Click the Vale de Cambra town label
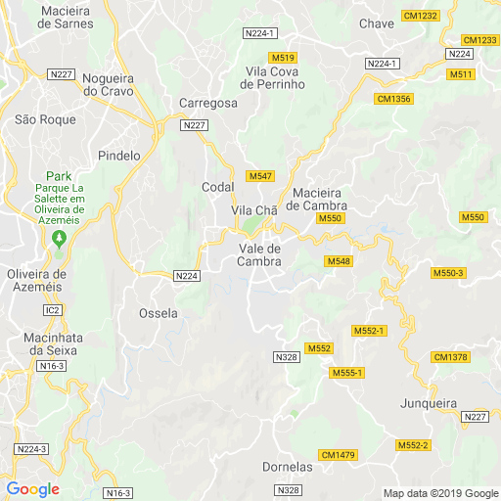click(x=259, y=254)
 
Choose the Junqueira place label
click(x=430, y=403)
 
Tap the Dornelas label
click(x=288, y=467)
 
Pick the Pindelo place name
click(x=120, y=156)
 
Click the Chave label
click(x=377, y=23)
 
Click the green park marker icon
click(x=59, y=239)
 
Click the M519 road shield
click(x=283, y=59)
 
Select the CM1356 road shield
click(x=393, y=99)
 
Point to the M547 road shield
click(x=260, y=176)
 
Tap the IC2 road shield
click(x=52, y=310)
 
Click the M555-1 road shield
click(x=346, y=373)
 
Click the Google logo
click(x=32, y=489)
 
